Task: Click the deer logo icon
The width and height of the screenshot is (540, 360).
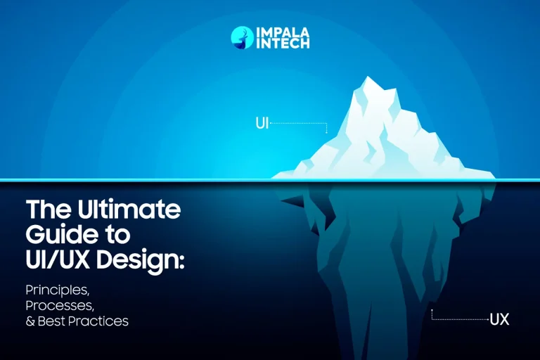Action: point(242,38)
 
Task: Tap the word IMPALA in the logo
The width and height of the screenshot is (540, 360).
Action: point(283,32)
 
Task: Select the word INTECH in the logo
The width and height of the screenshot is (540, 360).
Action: point(283,44)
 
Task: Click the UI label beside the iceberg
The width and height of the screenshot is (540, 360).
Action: point(262,123)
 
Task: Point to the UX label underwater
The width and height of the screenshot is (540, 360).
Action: point(499,320)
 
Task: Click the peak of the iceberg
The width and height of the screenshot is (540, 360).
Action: point(368,77)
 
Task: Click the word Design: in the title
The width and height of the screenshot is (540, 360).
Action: point(140,261)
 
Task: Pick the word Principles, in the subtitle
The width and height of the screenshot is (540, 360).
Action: point(58,290)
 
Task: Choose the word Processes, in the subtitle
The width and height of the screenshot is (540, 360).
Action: point(60,306)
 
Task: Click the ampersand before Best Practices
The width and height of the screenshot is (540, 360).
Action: point(30,321)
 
